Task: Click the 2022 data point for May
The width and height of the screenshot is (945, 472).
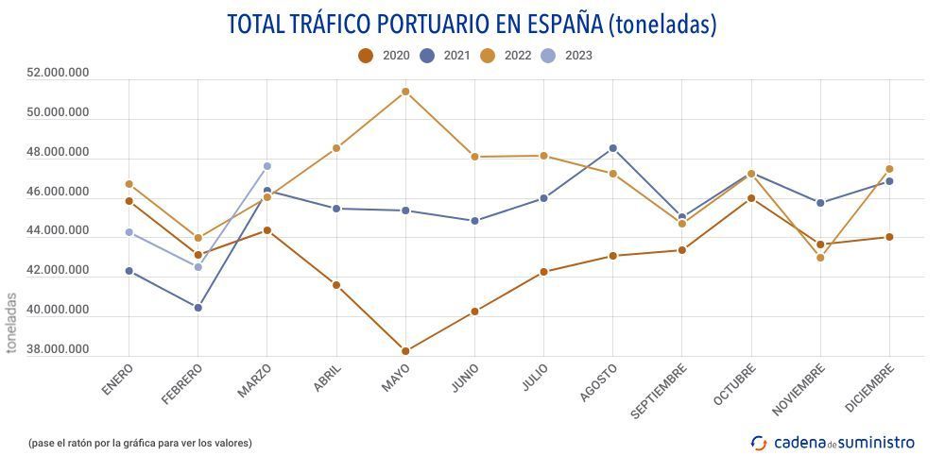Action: point(405,92)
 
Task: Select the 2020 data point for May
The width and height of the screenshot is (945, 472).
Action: point(405,351)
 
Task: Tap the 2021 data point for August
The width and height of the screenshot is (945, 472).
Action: point(613,148)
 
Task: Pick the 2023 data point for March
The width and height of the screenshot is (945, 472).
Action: point(267,166)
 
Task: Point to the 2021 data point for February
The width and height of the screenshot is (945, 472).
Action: point(198,308)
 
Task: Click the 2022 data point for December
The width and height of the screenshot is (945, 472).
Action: point(889,169)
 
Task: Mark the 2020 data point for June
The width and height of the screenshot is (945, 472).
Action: point(474,312)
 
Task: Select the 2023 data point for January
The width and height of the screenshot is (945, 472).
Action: point(129,232)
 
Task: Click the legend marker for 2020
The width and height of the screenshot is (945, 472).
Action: point(366,56)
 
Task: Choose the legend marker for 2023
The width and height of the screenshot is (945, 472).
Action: point(548,56)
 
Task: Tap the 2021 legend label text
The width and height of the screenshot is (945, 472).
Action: point(456,56)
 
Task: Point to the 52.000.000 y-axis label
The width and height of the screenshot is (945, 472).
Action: point(59,73)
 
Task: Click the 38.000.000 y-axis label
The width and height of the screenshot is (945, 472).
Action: point(59,349)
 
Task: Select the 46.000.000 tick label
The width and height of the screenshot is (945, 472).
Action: point(59,192)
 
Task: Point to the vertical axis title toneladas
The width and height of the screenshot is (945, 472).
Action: point(11,322)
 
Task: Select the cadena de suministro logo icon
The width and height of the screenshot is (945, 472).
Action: point(759,442)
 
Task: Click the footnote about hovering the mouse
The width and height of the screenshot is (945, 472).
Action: point(140,442)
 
